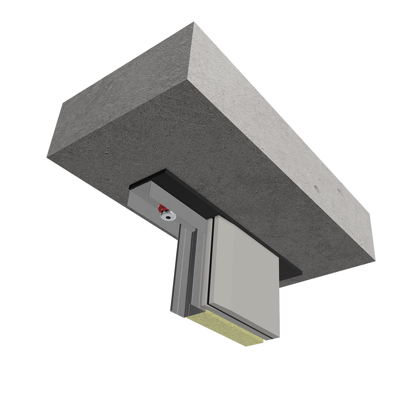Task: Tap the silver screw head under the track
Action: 169,217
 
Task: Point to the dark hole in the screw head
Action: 169,218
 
